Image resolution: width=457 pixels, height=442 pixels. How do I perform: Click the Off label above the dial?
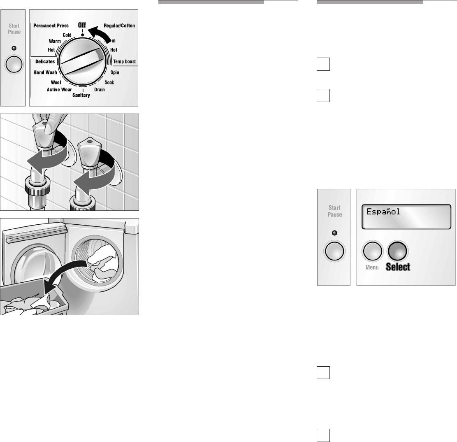[x=82, y=25]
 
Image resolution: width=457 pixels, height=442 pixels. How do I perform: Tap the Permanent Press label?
[x=51, y=26]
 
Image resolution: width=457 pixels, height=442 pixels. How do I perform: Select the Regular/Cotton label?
[x=119, y=26]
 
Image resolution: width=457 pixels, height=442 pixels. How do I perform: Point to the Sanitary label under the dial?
[x=81, y=95]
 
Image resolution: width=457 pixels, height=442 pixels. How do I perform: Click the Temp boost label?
[x=125, y=61]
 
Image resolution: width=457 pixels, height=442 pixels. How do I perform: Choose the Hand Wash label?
[x=45, y=72]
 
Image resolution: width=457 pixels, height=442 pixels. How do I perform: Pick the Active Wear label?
[x=59, y=89]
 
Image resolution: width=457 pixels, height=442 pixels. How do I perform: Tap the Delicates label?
[x=45, y=61]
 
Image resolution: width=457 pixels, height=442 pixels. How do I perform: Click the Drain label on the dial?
[x=100, y=89]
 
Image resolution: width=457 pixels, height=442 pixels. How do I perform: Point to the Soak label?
[x=109, y=82]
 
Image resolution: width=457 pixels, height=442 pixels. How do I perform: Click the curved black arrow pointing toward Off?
[x=100, y=33]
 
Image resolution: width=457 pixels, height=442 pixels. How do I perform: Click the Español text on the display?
[x=383, y=212]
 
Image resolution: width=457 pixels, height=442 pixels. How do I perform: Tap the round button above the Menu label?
[x=372, y=251]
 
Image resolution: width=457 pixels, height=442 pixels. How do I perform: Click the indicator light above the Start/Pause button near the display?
[x=334, y=233]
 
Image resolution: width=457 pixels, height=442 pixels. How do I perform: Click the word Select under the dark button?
[x=398, y=267]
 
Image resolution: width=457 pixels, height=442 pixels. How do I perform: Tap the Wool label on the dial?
[x=56, y=82]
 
